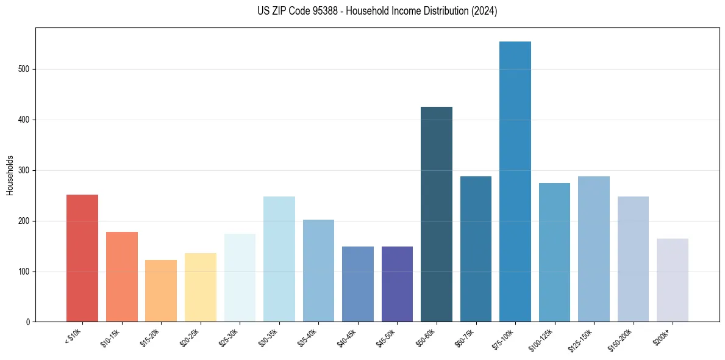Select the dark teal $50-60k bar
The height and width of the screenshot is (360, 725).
pos(436,214)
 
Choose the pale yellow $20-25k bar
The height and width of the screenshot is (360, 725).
pos(200,287)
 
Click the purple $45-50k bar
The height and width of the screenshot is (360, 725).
pos(397,284)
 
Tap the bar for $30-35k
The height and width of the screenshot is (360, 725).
pos(279,259)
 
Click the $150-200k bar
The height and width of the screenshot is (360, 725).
pos(633,259)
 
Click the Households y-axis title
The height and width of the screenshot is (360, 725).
pos(10,175)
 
